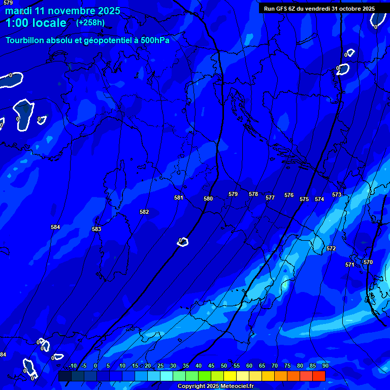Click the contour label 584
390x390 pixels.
55,227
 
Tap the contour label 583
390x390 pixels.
96,229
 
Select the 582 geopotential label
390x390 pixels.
144,212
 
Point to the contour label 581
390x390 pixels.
178,198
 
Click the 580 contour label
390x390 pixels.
208,199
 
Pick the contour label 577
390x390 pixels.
270,198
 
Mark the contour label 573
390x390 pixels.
337,194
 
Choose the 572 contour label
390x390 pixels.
331,248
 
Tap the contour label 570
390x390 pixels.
368,262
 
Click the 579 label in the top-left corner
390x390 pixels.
8,3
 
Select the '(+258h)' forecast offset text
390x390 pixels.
90,23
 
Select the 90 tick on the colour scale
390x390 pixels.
325,366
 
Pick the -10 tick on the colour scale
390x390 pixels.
73,366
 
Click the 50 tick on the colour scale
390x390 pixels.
224,366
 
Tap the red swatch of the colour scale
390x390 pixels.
319,376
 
